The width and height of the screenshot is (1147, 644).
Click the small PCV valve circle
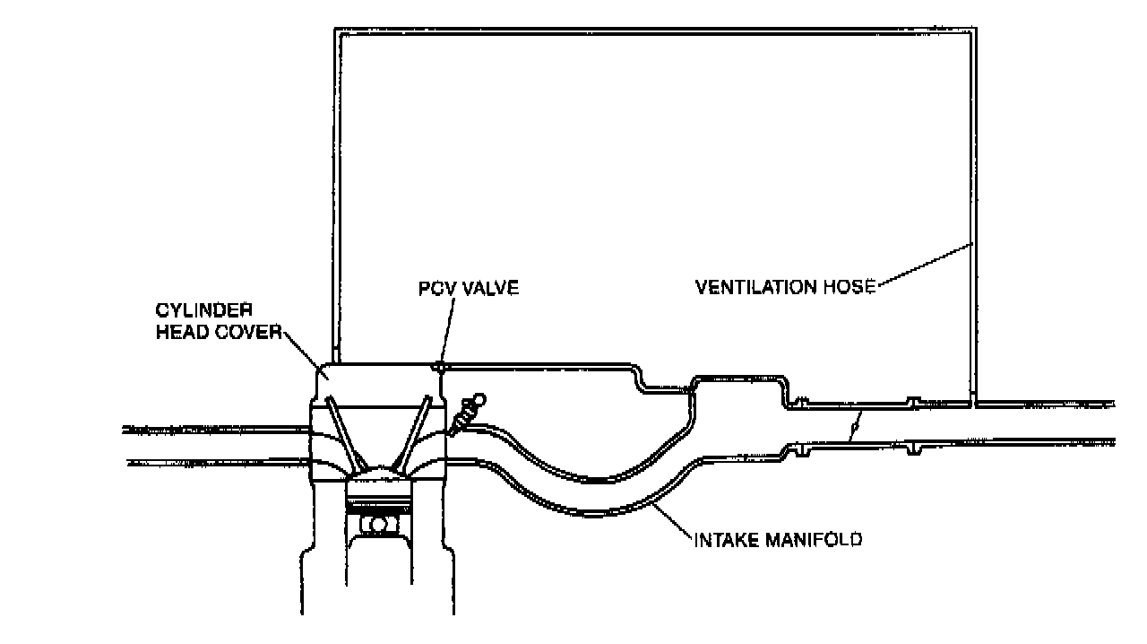click(440, 366)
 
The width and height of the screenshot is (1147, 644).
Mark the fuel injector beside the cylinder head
click(467, 413)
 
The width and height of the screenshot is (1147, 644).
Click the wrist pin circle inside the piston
click(379, 523)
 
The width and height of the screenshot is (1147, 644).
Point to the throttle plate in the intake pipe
click(857, 424)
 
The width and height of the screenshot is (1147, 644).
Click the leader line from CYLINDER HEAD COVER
click(305, 350)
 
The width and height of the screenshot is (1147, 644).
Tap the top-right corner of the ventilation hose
click(974, 30)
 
